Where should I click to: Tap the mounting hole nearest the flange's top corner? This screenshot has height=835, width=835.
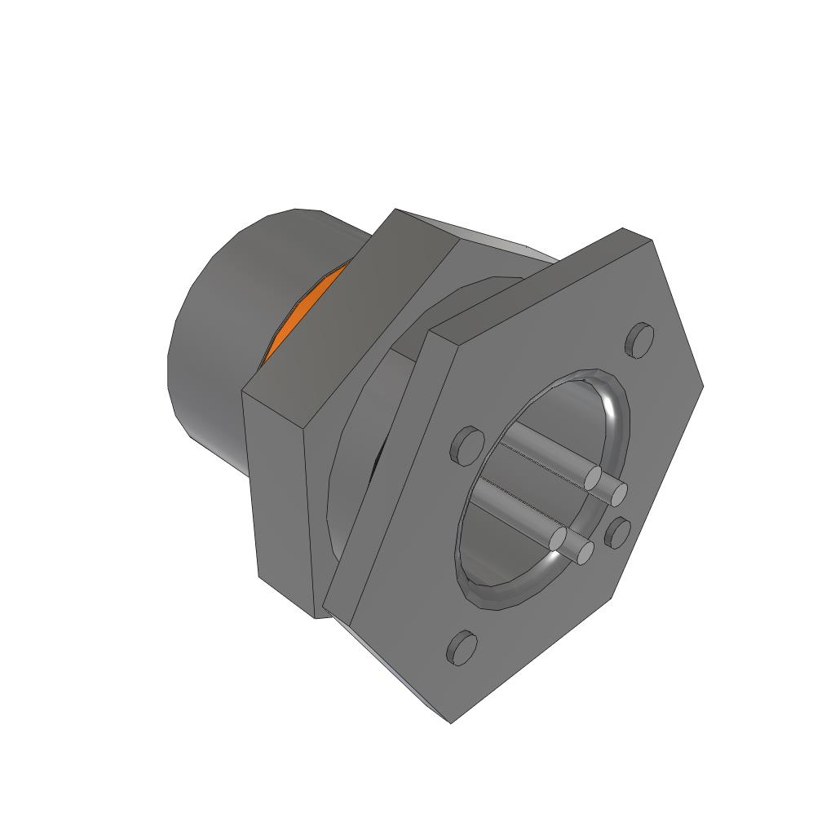(x=640, y=338)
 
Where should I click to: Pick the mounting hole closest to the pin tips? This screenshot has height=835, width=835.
(x=619, y=532)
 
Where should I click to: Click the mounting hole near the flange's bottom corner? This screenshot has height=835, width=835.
(x=462, y=647)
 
